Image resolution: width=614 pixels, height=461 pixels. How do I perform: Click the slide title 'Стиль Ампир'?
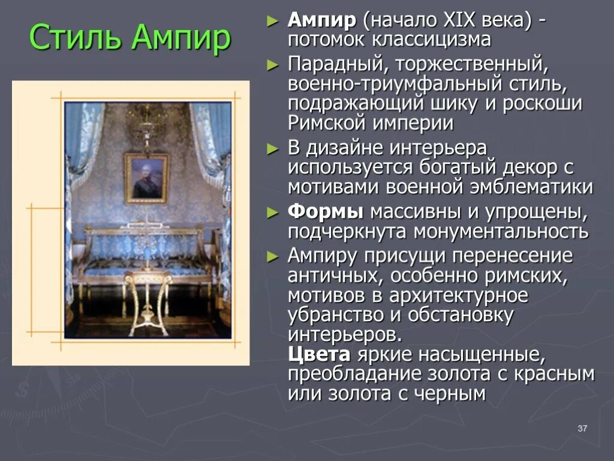pyautogui.click(x=130, y=38)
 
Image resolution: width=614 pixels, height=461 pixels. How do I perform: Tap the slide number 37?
pyautogui.click(x=582, y=428)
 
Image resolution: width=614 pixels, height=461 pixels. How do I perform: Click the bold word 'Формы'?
pyautogui.click(x=325, y=212)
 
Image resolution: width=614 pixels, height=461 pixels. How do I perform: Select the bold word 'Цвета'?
pyautogui.click(x=320, y=354)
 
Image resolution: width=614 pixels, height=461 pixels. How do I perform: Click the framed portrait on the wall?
pyautogui.click(x=146, y=178)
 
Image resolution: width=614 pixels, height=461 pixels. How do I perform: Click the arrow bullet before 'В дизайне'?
pyautogui.click(x=273, y=148)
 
